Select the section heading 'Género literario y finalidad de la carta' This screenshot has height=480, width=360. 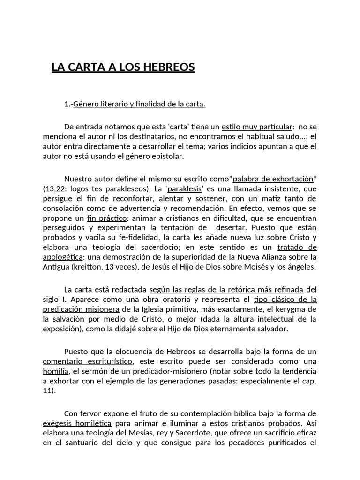(x=139, y=104)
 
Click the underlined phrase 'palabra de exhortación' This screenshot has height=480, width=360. (x=273, y=179)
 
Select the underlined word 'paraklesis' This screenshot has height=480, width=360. (x=185, y=188)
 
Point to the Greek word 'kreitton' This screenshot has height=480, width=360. (x=87, y=267)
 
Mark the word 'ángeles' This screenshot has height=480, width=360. (x=302, y=267)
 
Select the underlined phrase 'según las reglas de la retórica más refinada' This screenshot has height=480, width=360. (x=226, y=289)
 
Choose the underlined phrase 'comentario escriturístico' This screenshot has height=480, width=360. (x=88, y=361)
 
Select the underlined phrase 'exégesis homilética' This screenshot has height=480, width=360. (x=77, y=423)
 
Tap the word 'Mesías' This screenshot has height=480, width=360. (x=142, y=433)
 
